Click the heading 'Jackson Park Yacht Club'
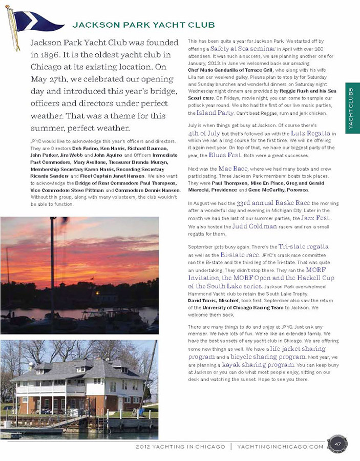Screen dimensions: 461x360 (143, 25)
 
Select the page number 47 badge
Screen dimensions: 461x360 (337, 444)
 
